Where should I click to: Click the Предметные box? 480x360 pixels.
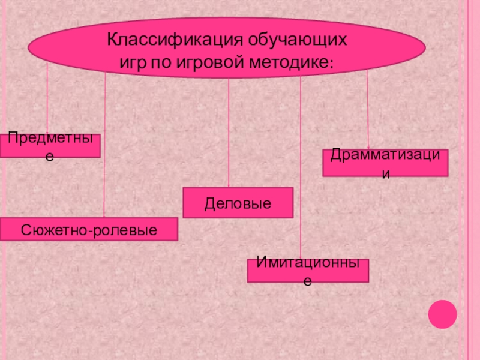[x=50, y=146]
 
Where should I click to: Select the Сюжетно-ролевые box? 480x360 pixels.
[x=89, y=229]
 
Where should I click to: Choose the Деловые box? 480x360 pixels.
[x=238, y=202]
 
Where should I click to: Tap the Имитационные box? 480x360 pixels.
[x=308, y=271]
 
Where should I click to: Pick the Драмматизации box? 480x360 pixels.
[x=385, y=163]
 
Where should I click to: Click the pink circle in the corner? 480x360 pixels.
[x=443, y=313]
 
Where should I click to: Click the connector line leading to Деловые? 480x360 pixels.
[x=229, y=132]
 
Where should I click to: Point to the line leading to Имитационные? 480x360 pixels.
[x=300, y=168]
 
